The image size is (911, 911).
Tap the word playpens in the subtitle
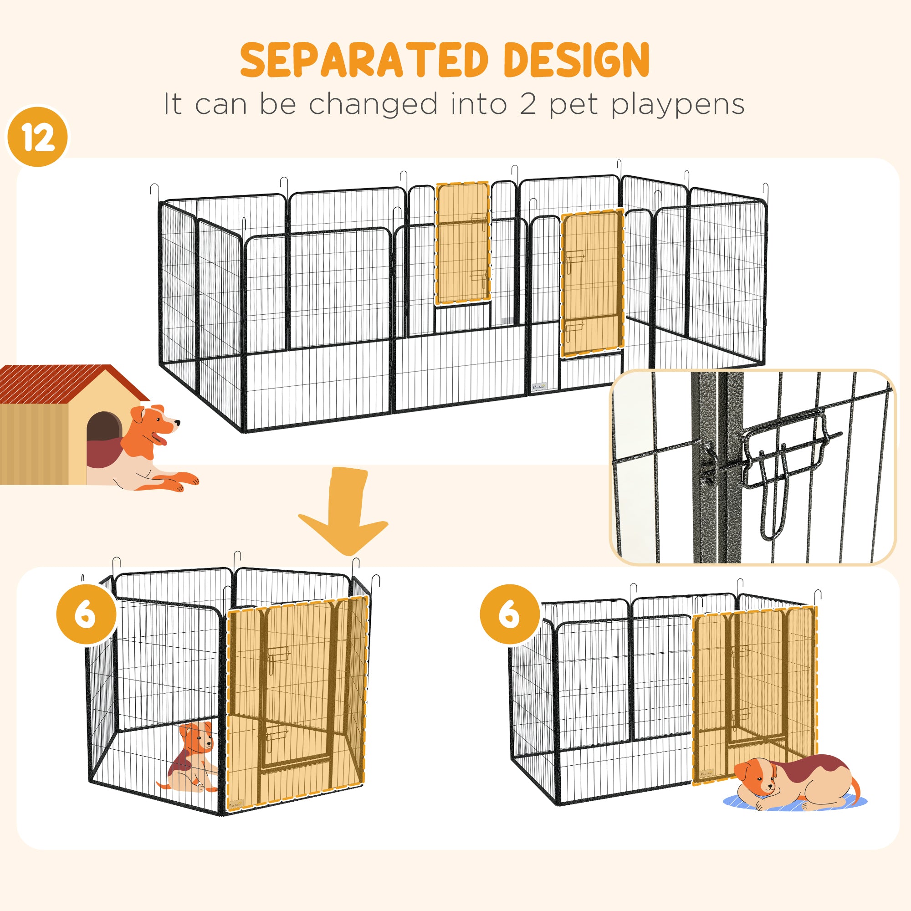click(678, 105)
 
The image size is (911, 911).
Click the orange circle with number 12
click(38, 137)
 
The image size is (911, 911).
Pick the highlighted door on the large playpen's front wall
click(592, 283)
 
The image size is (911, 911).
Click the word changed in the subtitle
click(373, 105)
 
